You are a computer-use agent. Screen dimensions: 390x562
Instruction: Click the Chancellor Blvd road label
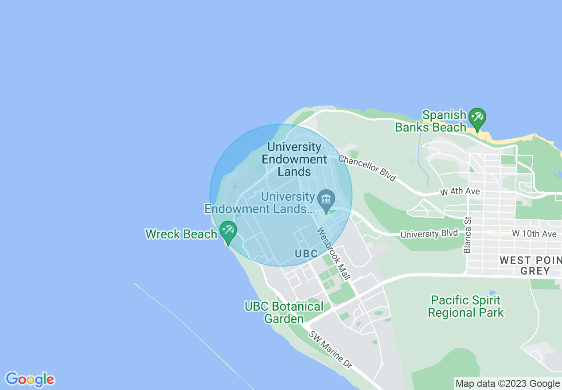pos(367,168)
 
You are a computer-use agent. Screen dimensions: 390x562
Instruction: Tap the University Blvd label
pos(429,234)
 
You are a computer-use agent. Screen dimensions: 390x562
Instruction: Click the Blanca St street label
pos(467,235)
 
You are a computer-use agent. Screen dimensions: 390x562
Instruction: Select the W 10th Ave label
pos(534,234)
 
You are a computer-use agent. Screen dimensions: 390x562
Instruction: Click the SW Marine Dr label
pos(330,350)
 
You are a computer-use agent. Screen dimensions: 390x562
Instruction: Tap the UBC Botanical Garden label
pos(284,312)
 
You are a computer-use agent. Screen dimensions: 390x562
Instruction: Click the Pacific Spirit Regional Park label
pos(465,306)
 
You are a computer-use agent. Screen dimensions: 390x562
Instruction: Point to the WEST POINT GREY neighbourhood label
pos(531,265)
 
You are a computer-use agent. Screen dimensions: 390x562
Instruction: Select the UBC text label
pos(306,253)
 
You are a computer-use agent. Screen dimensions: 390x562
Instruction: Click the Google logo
pos(30,379)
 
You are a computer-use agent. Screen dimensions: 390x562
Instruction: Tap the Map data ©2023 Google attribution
pos(507,383)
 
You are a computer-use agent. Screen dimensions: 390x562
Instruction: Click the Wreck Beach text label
pos(181,234)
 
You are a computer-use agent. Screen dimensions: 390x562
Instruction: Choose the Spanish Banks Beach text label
pos(431,121)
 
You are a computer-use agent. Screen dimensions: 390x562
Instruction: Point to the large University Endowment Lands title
pos(294,159)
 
